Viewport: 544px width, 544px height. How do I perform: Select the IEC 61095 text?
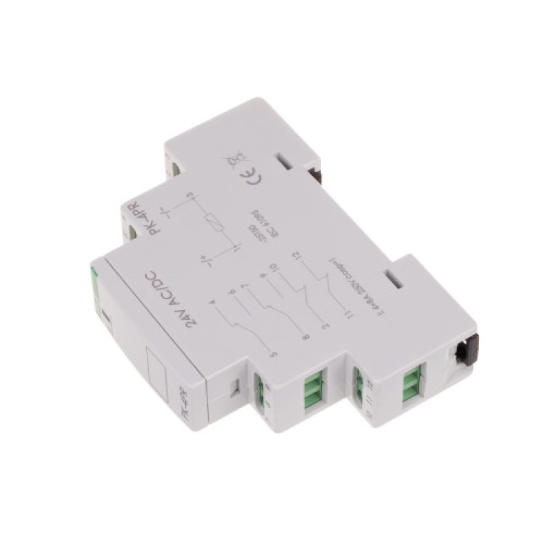tap(260, 222)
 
